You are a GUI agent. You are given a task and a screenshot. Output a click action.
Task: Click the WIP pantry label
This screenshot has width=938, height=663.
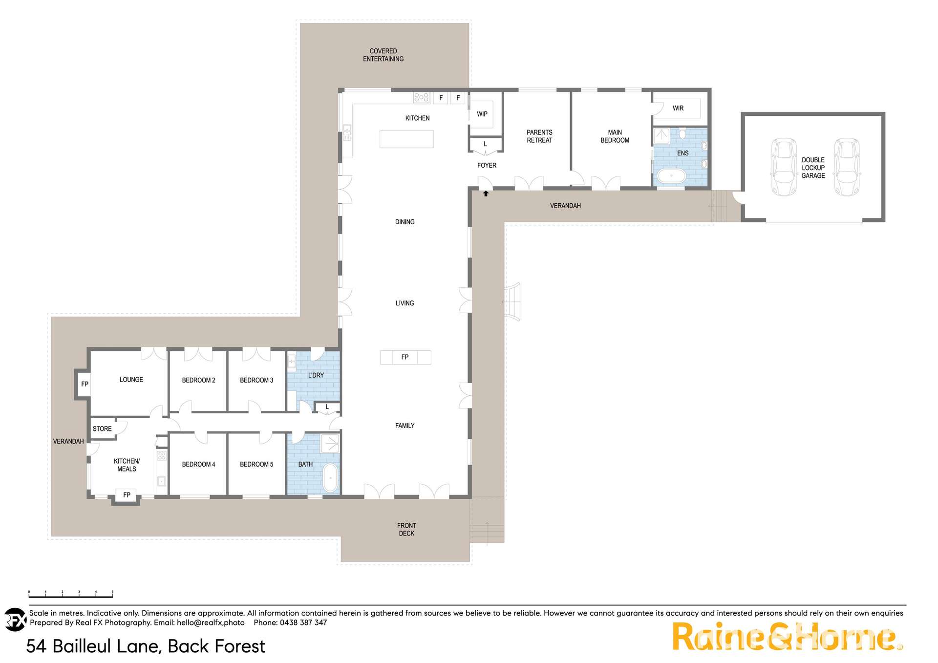(482, 114)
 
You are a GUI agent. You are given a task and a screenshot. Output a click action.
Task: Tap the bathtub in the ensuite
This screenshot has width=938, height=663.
(672, 175)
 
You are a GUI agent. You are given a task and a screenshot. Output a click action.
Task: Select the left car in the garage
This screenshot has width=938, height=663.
(783, 167)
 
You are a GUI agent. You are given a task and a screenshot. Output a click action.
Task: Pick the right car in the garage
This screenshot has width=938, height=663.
(847, 167)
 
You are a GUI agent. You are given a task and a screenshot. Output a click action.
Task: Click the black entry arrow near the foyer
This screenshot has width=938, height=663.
(486, 194)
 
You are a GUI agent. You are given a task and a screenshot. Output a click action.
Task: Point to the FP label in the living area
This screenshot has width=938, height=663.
(405, 357)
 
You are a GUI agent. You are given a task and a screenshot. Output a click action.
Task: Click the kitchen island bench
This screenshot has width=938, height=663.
(406, 139)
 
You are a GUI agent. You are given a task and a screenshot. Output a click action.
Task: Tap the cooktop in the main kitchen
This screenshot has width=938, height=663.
(421, 98)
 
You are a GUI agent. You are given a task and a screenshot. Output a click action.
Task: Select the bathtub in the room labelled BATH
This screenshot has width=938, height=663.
(330, 477)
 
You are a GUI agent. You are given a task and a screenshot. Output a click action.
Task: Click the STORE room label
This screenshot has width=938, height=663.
(102, 429)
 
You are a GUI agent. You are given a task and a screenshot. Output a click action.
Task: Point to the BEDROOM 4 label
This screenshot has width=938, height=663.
(198, 464)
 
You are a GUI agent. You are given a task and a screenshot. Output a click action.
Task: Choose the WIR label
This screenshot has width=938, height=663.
(678, 108)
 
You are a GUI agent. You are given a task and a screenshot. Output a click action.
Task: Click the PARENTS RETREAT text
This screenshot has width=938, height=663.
(539, 136)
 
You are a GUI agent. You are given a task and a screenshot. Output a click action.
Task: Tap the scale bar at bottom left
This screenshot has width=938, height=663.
(71, 595)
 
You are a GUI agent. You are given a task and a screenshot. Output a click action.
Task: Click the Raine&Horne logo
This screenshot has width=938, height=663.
(787, 637)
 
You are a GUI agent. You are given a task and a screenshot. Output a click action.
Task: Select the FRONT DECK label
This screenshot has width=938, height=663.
(406, 530)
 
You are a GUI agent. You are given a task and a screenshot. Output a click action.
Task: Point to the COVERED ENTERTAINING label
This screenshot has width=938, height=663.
(383, 55)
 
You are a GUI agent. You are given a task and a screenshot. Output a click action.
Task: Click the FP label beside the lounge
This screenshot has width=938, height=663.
(85, 384)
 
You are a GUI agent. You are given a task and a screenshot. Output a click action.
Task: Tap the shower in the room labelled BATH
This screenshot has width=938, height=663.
(330, 444)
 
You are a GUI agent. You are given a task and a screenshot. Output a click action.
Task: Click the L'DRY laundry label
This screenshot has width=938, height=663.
(316, 375)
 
